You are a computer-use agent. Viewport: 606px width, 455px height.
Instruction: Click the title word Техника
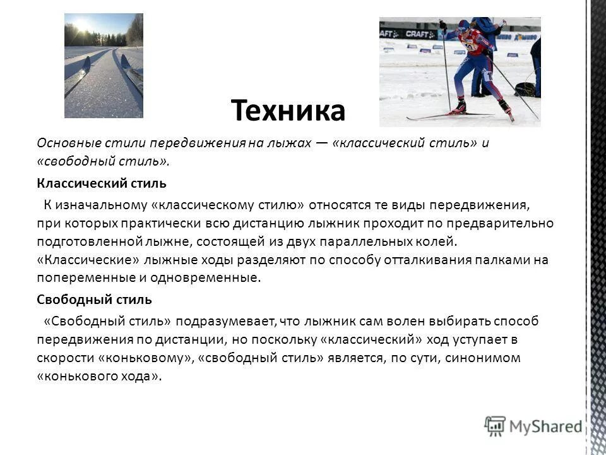pyautogui.click(x=288, y=111)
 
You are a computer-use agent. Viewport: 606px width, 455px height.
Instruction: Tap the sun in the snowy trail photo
pyautogui.click(x=81, y=26)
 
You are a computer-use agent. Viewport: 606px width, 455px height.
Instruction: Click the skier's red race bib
pyautogui.click(x=470, y=45)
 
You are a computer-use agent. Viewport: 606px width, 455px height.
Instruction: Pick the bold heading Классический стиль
pyautogui.click(x=101, y=184)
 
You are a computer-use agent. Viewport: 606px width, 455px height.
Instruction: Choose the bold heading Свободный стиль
pyautogui.click(x=93, y=299)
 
